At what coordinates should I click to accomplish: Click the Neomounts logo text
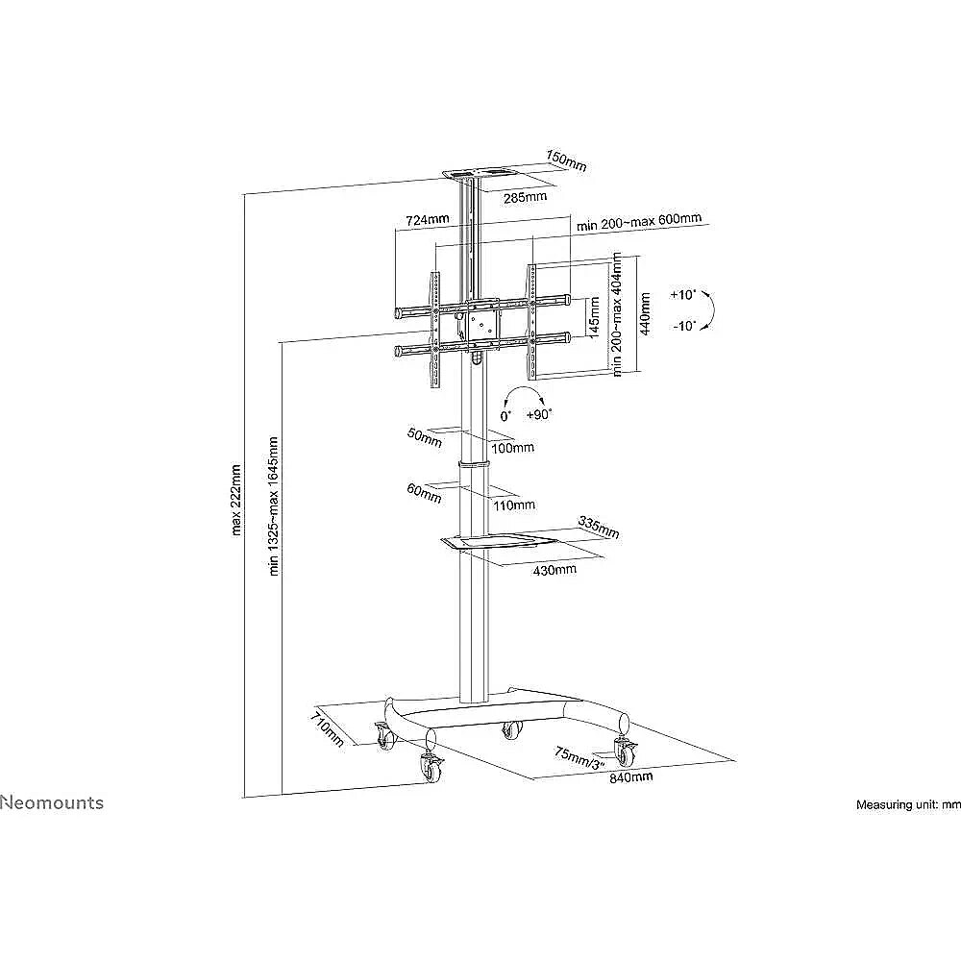pyautogui.click(x=52, y=802)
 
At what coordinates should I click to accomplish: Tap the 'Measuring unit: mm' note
pyautogui.click(x=908, y=804)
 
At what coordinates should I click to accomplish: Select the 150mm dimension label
pyautogui.click(x=566, y=161)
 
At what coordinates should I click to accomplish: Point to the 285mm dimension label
pyautogui.click(x=526, y=197)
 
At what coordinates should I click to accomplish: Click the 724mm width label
pyautogui.click(x=428, y=219)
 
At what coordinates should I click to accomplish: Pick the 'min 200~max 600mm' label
pyautogui.click(x=639, y=221)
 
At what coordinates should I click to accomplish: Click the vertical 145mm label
pyautogui.click(x=593, y=317)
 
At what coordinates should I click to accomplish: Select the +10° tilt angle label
pyautogui.click(x=683, y=295)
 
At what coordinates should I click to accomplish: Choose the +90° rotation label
pyautogui.click(x=539, y=414)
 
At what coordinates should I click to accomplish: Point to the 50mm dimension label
pyautogui.click(x=424, y=437)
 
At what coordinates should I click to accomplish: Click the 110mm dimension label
pyautogui.click(x=514, y=505)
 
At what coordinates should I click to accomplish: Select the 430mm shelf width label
pyautogui.click(x=554, y=570)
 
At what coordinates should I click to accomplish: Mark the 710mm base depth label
pyautogui.click(x=328, y=727)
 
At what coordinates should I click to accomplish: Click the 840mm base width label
pyautogui.click(x=630, y=777)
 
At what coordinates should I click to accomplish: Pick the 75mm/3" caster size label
pyautogui.click(x=579, y=758)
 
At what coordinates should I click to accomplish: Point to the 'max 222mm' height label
pyautogui.click(x=236, y=500)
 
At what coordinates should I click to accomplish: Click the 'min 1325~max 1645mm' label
pyautogui.click(x=274, y=505)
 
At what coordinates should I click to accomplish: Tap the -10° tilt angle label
pyautogui.click(x=684, y=326)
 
